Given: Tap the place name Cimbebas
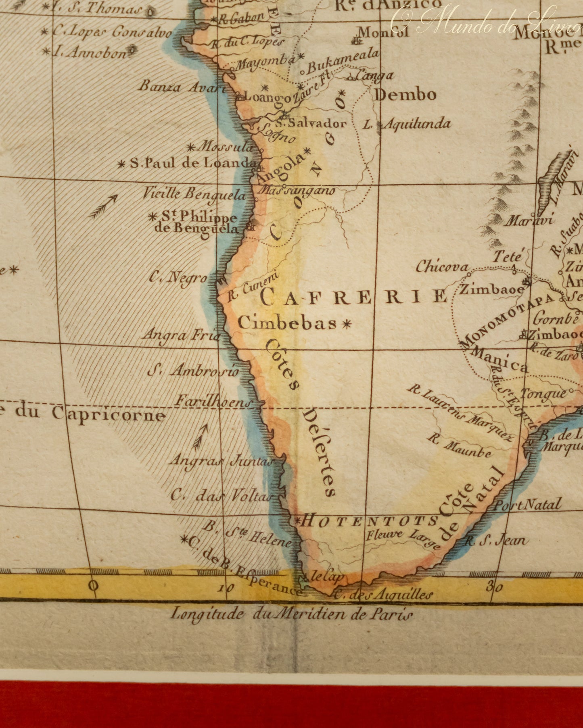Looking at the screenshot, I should coord(287,323).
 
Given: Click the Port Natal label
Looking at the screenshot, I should coord(528,505).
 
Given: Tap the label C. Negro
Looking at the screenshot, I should coord(178,277).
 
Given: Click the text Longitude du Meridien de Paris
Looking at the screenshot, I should coord(291,614).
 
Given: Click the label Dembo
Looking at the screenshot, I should coord(405,95).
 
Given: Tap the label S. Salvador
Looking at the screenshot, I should coord(311,123).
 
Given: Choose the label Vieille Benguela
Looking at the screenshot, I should coord(194,194).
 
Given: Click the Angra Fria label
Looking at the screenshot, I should coord(181,335).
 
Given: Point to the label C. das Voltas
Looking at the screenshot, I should coord(221,495).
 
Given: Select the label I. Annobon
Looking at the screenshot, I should coord(90,52).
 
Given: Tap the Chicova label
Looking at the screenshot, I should coord(442,266).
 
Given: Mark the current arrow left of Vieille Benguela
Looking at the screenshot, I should coord(103,206).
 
